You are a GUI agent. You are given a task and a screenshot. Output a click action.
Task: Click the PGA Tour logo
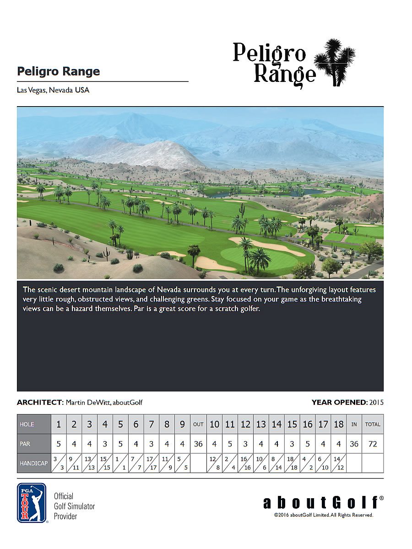[x=32, y=503]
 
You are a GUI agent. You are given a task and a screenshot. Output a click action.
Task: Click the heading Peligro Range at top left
[x=58, y=72]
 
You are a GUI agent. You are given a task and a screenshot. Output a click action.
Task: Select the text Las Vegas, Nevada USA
[x=53, y=90]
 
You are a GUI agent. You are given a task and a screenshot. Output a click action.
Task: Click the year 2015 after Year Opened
[x=376, y=403]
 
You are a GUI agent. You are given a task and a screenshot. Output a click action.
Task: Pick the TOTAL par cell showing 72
[x=373, y=444]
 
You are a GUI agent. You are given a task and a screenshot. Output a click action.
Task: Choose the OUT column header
[x=198, y=424]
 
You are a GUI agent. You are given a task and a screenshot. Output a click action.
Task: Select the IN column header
[x=354, y=424]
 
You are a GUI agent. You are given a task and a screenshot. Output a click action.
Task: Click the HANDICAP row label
[x=34, y=463]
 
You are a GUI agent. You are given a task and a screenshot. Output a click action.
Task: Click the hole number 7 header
[x=151, y=424]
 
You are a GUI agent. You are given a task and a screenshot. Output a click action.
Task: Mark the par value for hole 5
[x=120, y=444]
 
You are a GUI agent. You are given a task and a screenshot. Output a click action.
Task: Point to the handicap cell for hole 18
[x=338, y=463]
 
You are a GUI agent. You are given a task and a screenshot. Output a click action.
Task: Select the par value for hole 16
[x=308, y=444]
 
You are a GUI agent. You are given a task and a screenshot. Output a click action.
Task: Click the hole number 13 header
[x=261, y=424]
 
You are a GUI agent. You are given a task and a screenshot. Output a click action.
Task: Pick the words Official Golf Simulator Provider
[x=74, y=506]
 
